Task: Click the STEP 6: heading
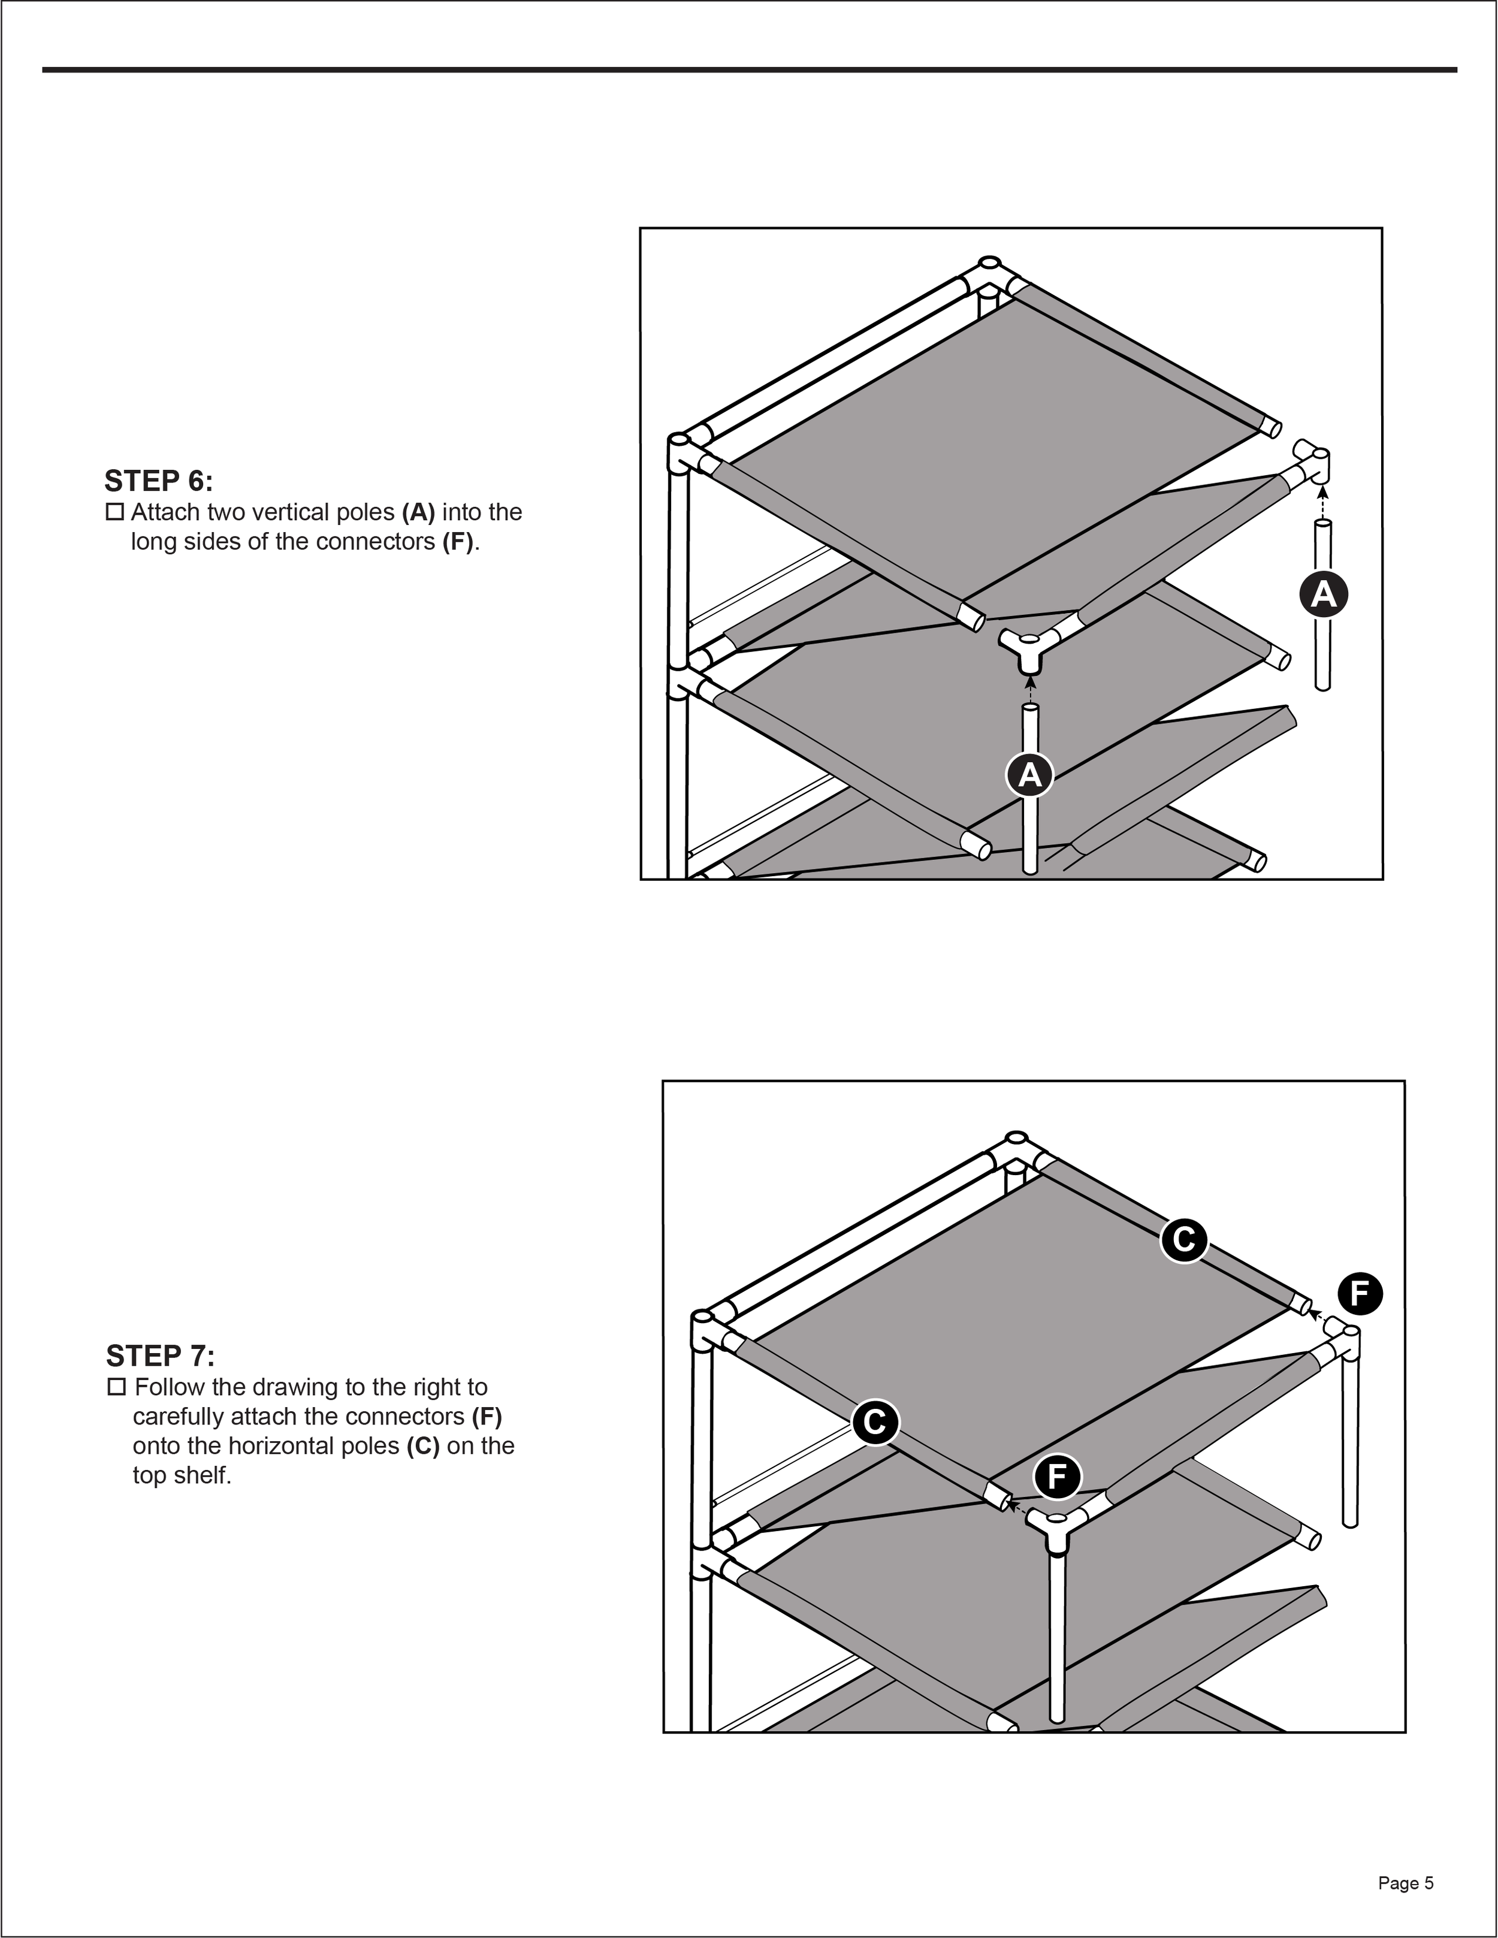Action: coord(159,481)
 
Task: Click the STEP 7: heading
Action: coord(160,1356)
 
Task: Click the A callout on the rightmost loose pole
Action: coord(1323,594)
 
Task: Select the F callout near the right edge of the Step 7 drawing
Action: coord(1360,1294)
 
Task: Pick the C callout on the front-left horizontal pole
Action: coord(875,1423)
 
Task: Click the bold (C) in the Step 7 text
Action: coord(423,1447)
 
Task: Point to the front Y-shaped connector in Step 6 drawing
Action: coord(1029,646)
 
